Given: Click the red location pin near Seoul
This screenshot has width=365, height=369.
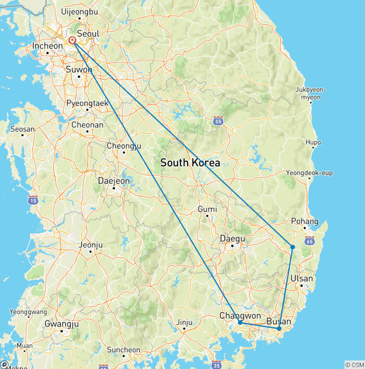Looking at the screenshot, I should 72,41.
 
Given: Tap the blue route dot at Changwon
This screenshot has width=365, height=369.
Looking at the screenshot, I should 240,322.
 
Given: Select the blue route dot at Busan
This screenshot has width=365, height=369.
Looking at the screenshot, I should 279,329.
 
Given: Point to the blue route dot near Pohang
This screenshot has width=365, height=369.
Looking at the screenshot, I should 293,247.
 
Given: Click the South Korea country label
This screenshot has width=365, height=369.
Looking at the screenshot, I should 190,163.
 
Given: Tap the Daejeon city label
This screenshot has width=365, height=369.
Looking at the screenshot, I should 113,181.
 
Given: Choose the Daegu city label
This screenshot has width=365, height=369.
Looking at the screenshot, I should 232,238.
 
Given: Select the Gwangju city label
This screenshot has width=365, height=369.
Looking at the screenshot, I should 61,323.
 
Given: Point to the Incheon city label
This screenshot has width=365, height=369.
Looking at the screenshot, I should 47,46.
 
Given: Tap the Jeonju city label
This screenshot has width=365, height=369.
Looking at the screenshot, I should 90,246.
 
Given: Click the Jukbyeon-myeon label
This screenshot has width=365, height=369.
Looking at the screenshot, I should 308,93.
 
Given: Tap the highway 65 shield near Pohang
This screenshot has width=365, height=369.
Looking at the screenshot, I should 310,241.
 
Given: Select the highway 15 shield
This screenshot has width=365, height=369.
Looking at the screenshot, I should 33,200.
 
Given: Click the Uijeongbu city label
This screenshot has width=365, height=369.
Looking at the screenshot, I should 79,11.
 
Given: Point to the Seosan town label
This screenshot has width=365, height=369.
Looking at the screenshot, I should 23,129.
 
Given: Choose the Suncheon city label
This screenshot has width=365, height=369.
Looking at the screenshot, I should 123,350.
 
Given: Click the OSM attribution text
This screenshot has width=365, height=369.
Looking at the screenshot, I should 355,365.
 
